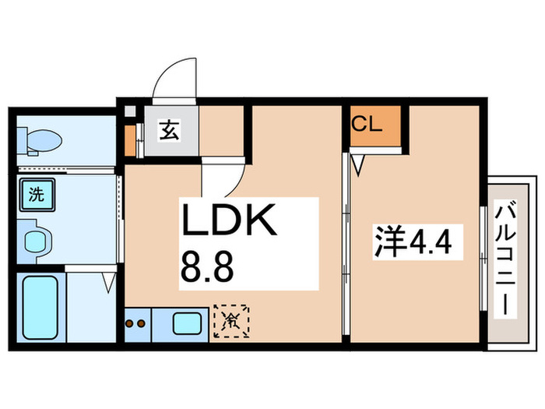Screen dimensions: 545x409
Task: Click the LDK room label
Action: pos(230,220)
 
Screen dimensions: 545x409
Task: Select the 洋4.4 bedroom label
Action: pos(413,242)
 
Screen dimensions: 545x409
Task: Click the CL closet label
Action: pos(367,124)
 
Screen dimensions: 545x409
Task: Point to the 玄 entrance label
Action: pos(169,130)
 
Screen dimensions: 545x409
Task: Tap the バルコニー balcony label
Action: pos(505,260)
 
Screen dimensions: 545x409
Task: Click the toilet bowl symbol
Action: pos(44,140)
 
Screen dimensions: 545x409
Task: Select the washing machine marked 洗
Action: pos(37,195)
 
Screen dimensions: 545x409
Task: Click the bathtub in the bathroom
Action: pos(40,308)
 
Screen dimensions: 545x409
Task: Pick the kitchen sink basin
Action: pos(187,323)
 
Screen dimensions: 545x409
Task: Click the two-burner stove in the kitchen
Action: pos(135,324)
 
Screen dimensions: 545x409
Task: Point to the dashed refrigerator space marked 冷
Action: pos(231,321)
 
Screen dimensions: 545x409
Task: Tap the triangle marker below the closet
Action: pos(358,165)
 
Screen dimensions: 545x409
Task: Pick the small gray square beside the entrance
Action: pos(130,111)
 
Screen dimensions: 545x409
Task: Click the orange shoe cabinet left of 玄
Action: pos(130,140)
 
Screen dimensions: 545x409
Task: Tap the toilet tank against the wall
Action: pos(22,141)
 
